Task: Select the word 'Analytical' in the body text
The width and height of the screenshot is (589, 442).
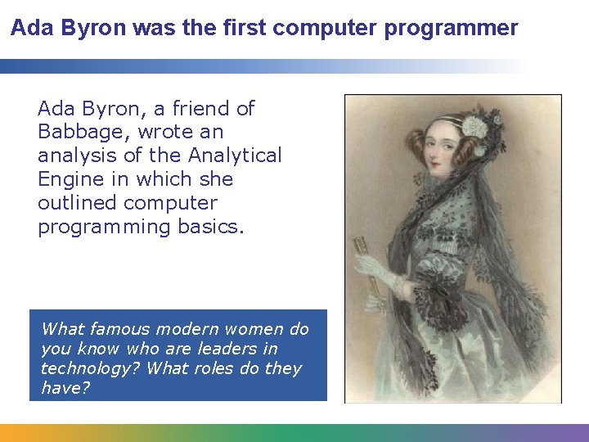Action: tap(236, 156)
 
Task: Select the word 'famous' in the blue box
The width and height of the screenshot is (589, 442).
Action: tap(119, 329)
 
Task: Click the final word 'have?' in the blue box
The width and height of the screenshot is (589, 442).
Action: tap(65, 388)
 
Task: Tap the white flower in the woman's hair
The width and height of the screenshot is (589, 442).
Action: tap(474, 127)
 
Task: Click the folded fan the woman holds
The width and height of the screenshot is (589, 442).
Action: tap(362, 254)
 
